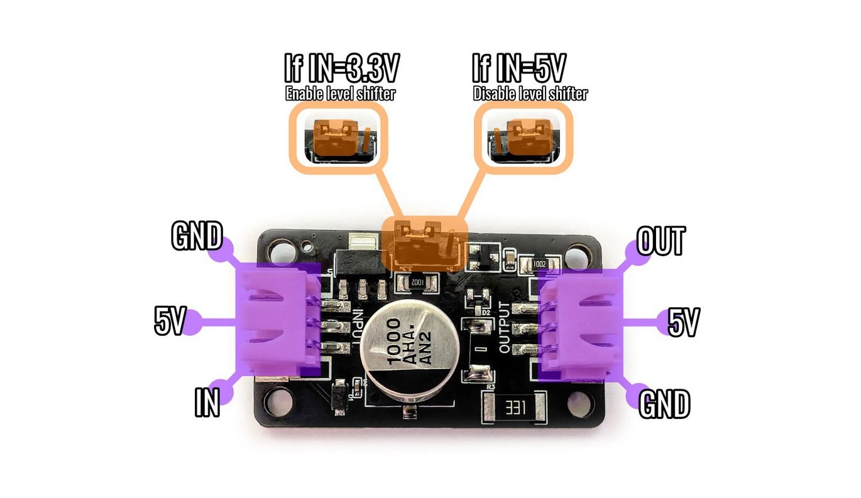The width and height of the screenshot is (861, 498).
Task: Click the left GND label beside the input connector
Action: point(196,237)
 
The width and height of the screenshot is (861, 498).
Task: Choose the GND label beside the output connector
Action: point(664,404)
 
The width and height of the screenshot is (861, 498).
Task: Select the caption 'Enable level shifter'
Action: point(341,95)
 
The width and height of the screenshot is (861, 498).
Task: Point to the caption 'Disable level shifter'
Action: point(530,95)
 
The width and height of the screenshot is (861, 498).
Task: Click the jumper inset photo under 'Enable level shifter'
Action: point(337,136)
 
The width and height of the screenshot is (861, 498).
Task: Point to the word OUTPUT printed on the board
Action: point(505,327)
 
